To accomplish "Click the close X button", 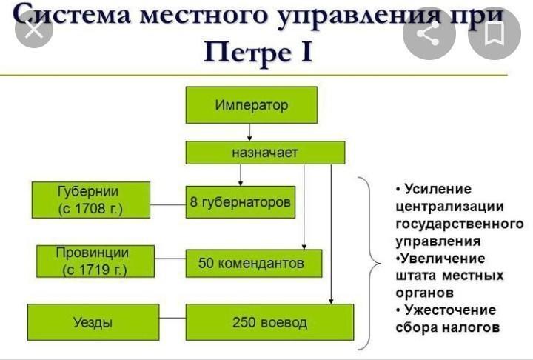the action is [x=34, y=30].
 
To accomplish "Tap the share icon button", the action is [x=429, y=33].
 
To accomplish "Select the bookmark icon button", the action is [x=495, y=33].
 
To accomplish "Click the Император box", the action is [x=252, y=104].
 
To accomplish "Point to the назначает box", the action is [x=265, y=153].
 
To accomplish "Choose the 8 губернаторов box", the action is [x=241, y=201].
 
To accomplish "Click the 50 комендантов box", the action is [x=254, y=263].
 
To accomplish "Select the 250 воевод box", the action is [x=269, y=322].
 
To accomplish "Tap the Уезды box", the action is [x=93, y=322].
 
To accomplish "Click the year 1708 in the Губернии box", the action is [x=90, y=209].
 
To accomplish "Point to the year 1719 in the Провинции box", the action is [x=94, y=270].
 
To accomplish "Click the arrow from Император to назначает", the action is [x=249, y=132].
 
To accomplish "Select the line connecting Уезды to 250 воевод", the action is [x=172, y=319].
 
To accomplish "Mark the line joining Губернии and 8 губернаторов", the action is [x=168, y=205].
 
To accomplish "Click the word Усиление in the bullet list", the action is [x=438, y=189].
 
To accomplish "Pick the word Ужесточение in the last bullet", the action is [x=450, y=310].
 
